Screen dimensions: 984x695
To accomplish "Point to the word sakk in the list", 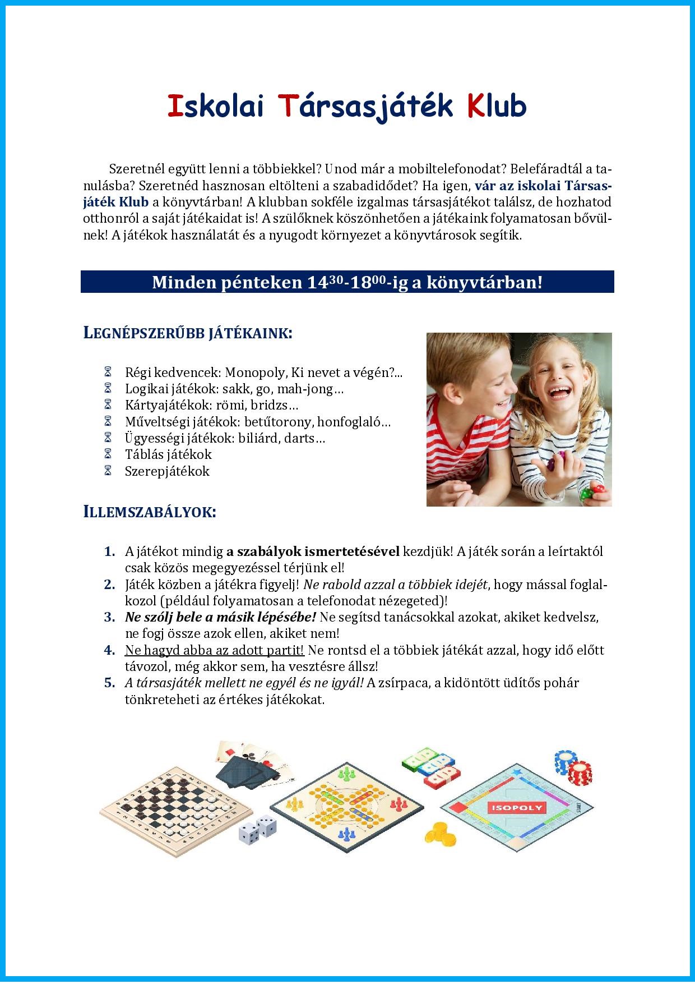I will pos(234,389).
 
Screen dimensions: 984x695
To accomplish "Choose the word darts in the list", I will pos(303,438).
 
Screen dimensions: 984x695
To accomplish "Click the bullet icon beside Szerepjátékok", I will pos(108,471).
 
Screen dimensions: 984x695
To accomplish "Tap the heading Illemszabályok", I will pos(149,512).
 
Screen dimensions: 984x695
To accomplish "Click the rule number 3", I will pos(109,618).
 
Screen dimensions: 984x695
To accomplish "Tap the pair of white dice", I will pos(257,831).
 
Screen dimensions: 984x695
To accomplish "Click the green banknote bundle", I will pos(418,761).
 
